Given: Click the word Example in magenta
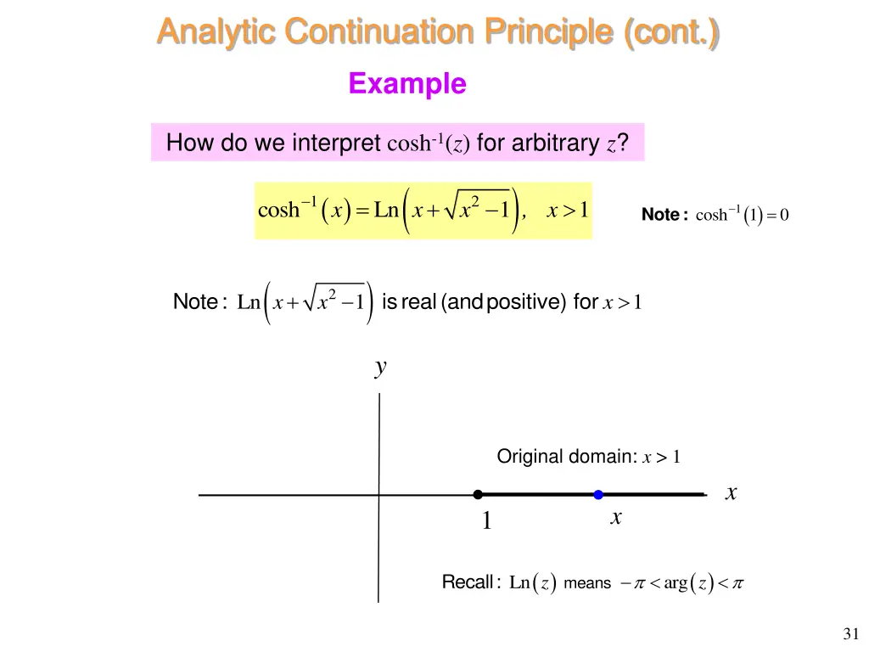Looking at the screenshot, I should (407, 84).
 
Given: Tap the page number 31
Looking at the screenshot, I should (851, 633).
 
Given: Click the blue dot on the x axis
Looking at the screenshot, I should (598, 494).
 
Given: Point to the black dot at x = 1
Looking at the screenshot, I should (478, 494).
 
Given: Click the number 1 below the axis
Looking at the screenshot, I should (486, 521).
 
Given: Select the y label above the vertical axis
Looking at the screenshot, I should (381, 367).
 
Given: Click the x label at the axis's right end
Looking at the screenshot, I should (731, 492).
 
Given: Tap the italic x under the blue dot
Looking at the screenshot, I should (616, 517).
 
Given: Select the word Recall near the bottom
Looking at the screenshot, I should (467, 582).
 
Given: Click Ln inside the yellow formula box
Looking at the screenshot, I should (386, 210).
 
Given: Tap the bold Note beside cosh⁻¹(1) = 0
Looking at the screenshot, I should (660, 216).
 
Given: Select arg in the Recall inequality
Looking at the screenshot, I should (676, 583).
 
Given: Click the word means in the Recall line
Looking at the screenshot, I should (587, 583).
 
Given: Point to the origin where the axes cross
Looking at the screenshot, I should (378, 494).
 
